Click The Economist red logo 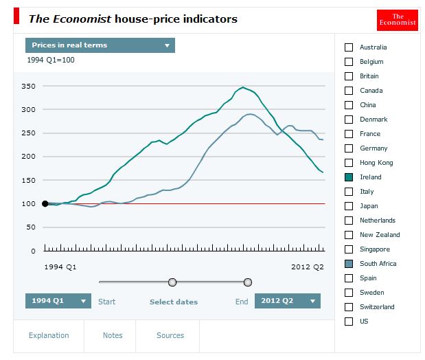398,20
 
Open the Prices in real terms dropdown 100,45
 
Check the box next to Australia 349,47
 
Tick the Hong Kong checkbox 349,163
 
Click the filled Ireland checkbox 349,177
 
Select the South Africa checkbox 349,264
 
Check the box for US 349,322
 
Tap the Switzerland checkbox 349,307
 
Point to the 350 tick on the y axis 28,86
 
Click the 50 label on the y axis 30,227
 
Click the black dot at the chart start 45,203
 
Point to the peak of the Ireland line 242,87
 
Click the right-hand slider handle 248,282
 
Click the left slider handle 172,282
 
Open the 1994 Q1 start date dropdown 58,301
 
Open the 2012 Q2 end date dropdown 287,301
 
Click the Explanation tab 49,335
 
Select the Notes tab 113,335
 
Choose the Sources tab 170,335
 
